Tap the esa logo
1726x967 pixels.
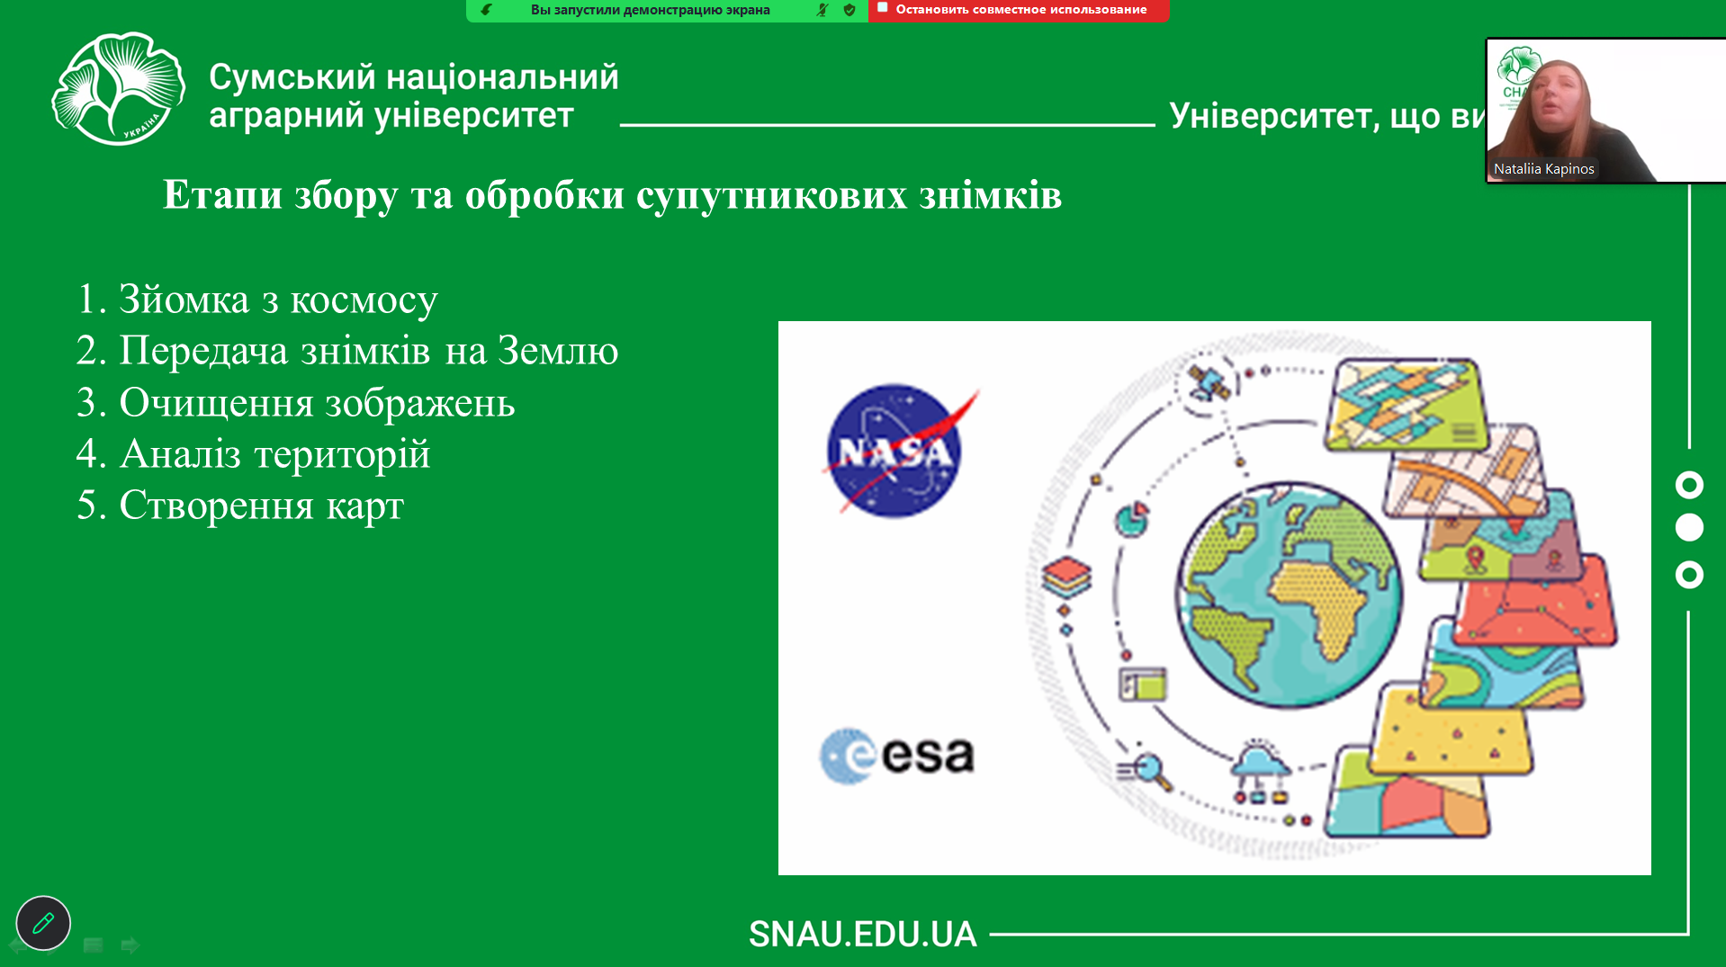point(896,756)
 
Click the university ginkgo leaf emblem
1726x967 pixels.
point(118,89)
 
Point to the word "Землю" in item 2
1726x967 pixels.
point(558,350)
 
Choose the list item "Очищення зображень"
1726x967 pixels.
point(295,402)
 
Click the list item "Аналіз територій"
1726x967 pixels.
point(253,453)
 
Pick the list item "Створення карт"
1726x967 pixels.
point(239,505)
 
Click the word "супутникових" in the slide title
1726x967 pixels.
point(772,195)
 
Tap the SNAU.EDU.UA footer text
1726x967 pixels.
point(862,934)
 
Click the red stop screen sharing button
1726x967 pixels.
point(1019,10)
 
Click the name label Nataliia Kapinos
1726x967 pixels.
point(1543,168)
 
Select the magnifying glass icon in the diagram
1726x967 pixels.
point(1145,770)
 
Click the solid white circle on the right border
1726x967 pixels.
point(1689,527)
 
